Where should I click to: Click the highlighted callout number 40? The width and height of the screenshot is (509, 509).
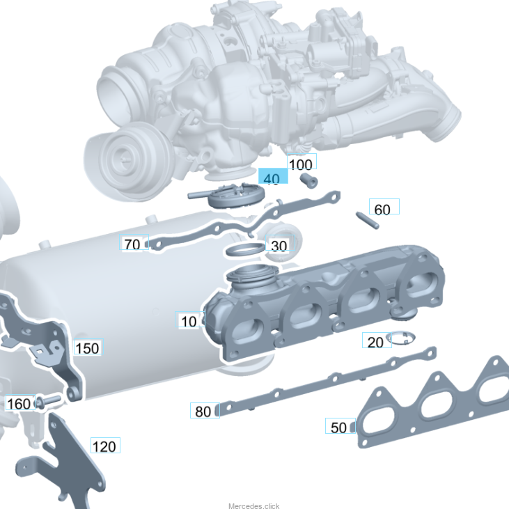point(273,176)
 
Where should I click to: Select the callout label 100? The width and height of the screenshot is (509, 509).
point(302,162)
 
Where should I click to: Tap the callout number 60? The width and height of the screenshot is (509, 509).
point(384,207)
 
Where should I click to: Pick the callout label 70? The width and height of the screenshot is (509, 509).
point(134,242)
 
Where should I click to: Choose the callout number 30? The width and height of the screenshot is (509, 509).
point(280,243)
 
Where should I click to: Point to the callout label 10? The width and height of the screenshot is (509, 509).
point(190,320)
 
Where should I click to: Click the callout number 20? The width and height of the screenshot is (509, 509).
point(377,340)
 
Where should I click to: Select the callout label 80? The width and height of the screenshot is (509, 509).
point(205,410)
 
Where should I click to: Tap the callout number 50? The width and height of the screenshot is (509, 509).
point(340,425)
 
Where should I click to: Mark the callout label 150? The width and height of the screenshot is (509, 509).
point(88,347)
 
